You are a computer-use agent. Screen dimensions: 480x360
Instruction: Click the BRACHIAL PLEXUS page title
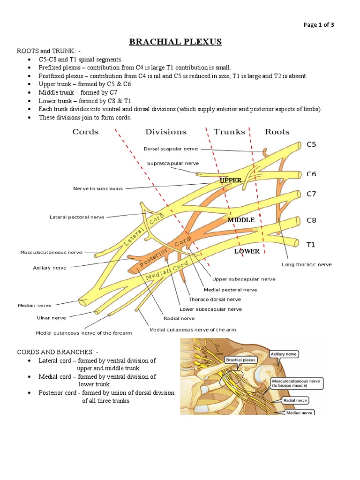click(x=175, y=42)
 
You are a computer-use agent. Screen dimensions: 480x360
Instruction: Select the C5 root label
click(x=311, y=144)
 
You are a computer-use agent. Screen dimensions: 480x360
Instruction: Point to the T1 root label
click(x=311, y=245)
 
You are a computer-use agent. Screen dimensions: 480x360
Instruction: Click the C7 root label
click(x=311, y=194)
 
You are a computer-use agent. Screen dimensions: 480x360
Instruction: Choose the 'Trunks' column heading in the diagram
click(x=229, y=132)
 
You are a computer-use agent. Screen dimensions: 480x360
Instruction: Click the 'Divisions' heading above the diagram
click(x=165, y=132)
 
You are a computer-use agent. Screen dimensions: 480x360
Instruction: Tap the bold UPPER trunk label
click(x=231, y=180)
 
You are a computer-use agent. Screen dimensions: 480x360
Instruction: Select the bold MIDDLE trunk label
click(x=241, y=220)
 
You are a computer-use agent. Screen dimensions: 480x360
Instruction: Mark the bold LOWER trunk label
click(x=247, y=251)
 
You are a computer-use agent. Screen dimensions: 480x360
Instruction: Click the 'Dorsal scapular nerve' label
click(x=171, y=149)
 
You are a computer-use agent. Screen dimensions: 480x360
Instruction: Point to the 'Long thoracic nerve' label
click(x=307, y=264)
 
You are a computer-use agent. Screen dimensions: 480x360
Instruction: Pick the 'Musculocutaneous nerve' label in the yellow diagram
click(x=51, y=252)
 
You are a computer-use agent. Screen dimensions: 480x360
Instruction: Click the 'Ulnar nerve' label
click(x=52, y=318)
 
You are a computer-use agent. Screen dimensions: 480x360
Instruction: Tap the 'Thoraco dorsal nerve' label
click(x=215, y=299)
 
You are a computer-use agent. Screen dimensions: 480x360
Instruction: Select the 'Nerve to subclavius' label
click(x=98, y=188)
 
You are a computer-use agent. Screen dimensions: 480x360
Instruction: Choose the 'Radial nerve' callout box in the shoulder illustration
click(x=295, y=400)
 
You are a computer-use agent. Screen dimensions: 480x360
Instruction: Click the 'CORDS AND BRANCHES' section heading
click(x=58, y=352)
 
